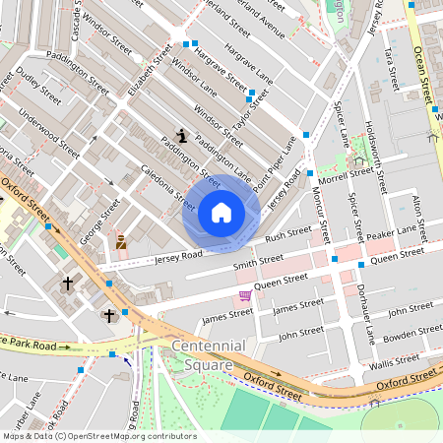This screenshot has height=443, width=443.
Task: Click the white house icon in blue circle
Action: pyautogui.click(x=221, y=212)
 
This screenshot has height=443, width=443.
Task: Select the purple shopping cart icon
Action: pyautogui.click(x=244, y=295)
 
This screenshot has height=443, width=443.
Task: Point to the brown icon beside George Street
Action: pyautogui.click(x=121, y=241)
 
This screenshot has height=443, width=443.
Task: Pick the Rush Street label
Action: pyautogui.click(x=288, y=236)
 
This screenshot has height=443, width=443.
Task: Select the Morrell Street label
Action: pyautogui.click(x=347, y=176)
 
